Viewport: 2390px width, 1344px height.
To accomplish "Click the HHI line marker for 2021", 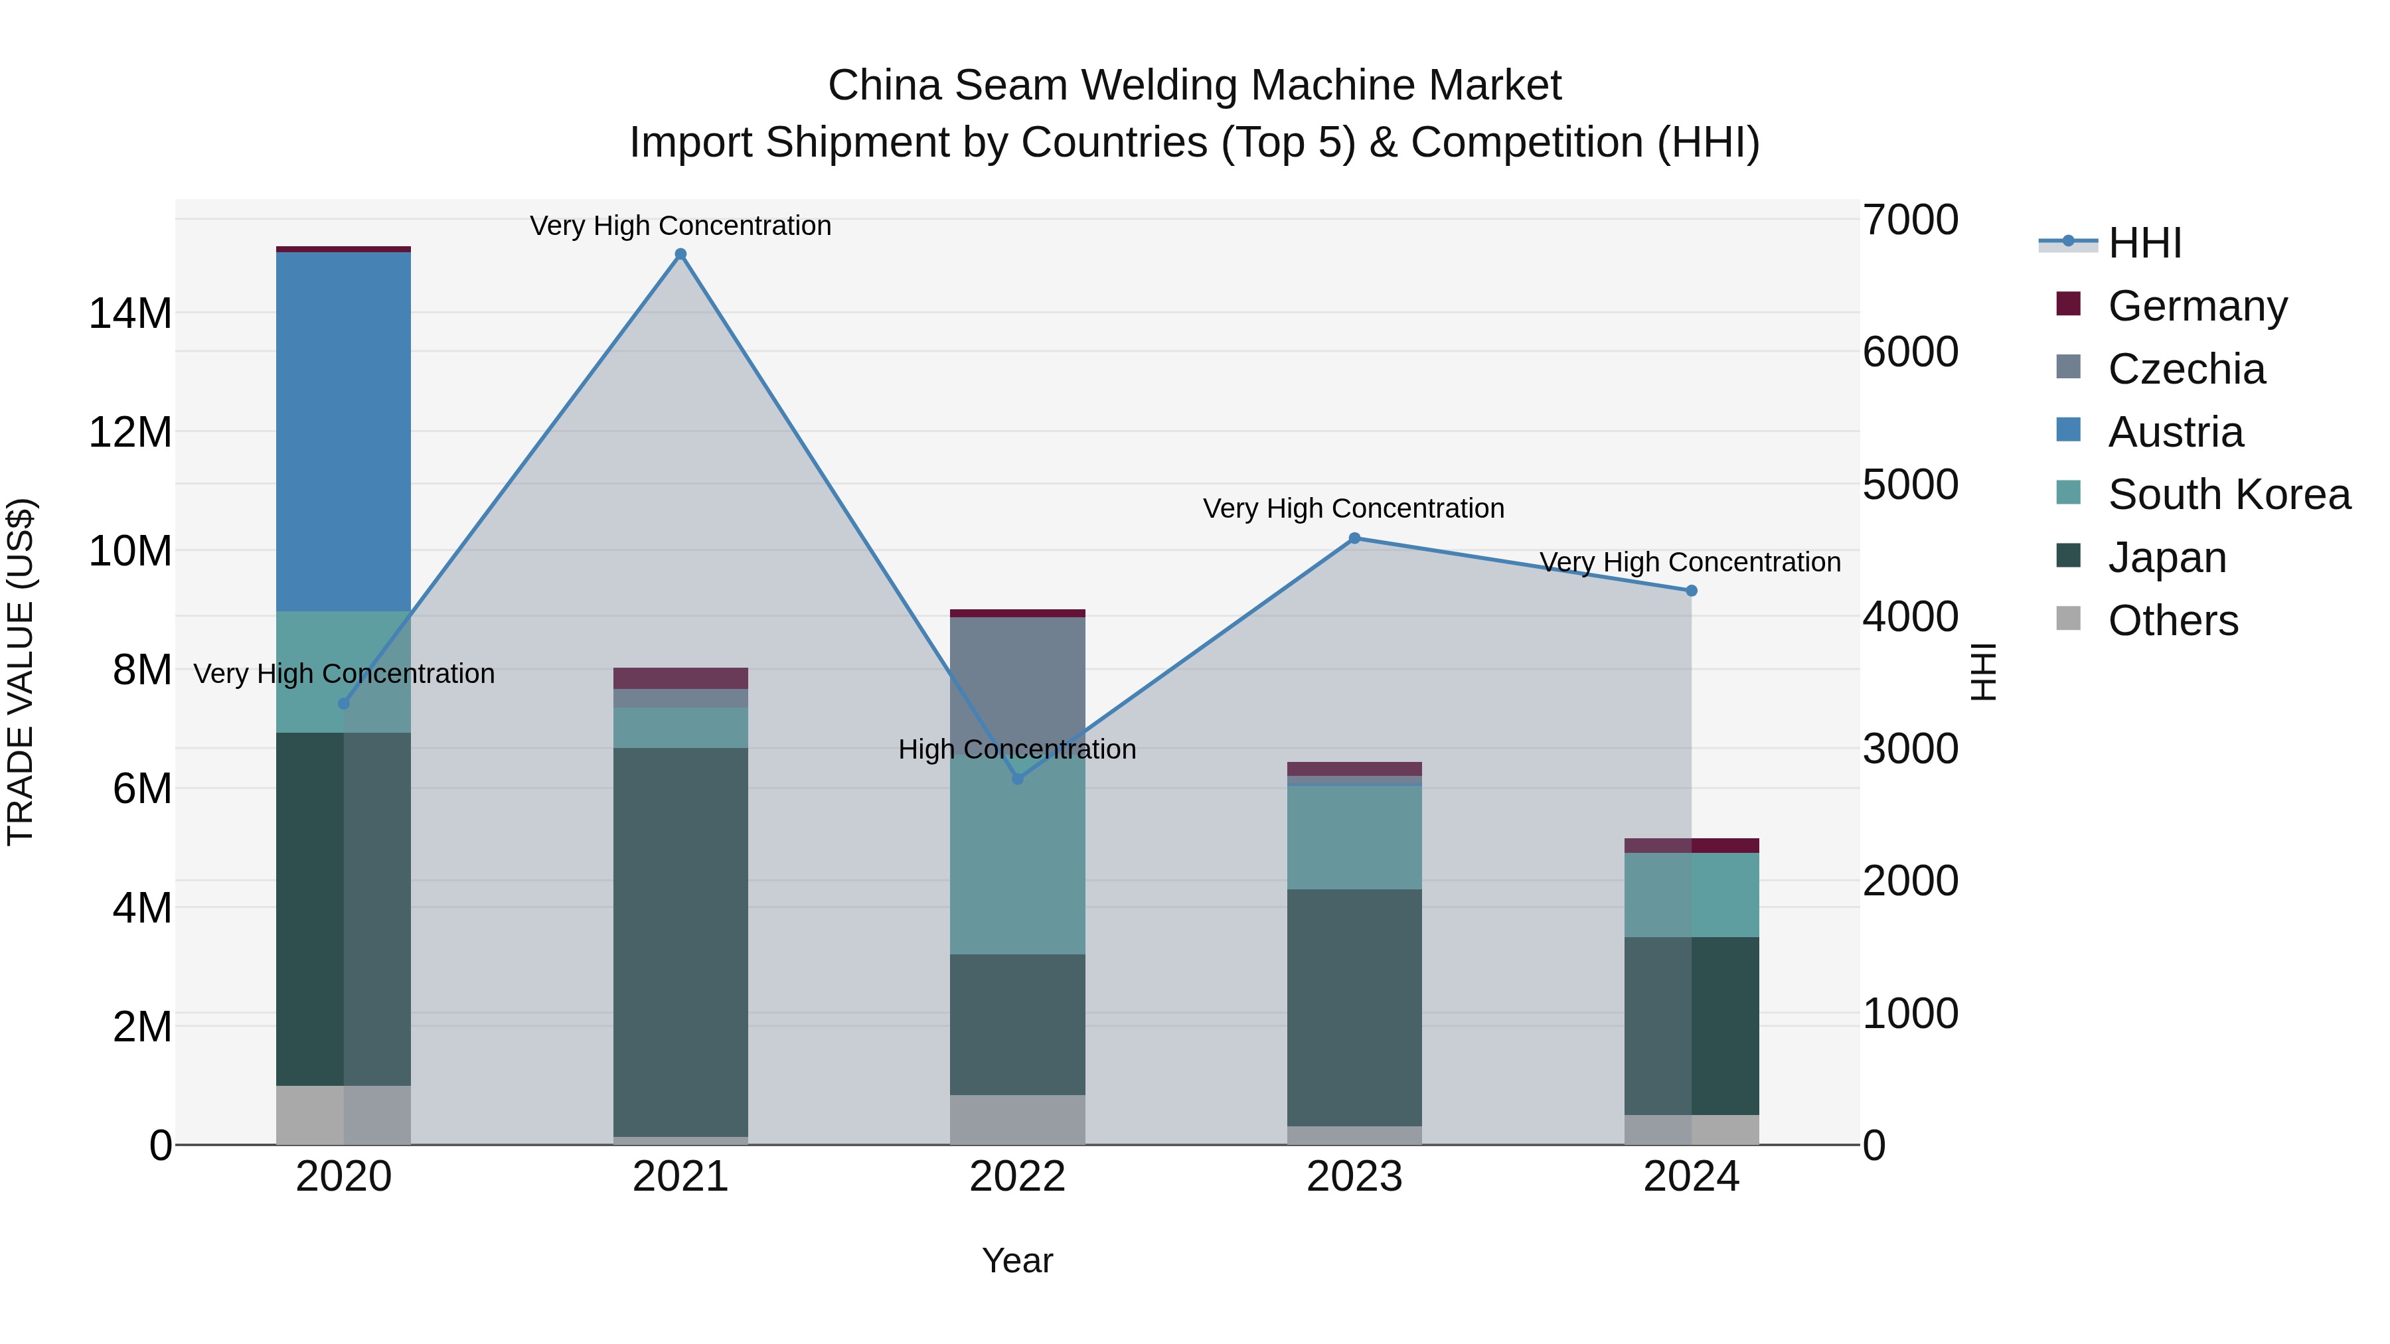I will pyautogui.click(x=680, y=254).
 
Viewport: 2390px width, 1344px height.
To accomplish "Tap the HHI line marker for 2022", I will pyautogui.click(x=1017, y=779).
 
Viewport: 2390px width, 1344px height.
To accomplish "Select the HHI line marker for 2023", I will pyautogui.click(x=1354, y=538).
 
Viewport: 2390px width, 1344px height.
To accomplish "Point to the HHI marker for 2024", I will pyautogui.click(x=1690, y=591).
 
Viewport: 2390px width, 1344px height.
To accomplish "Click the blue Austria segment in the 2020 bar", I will pyautogui.click(x=343, y=431).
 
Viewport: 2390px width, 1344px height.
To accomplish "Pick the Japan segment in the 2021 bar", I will pyautogui.click(x=680, y=941).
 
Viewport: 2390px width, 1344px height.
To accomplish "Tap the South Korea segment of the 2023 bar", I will pyautogui.click(x=1354, y=838).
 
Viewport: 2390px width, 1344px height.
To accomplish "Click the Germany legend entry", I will pyautogui.click(x=2197, y=306).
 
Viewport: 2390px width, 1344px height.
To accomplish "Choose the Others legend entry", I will pyautogui.click(x=2172, y=621).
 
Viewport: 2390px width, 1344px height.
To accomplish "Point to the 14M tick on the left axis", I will pyautogui.click(x=130, y=313).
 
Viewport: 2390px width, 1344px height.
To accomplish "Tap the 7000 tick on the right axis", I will pyautogui.click(x=1909, y=221).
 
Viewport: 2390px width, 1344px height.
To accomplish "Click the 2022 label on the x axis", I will pyautogui.click(x=1017, y=1177).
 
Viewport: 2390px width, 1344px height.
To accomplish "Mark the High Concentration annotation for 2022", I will pyautogui.click(x=1017, y=749).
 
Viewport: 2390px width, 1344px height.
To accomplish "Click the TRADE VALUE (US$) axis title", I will pyautogui.click(x=21, y=672).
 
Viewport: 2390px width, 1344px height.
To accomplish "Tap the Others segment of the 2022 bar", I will pyautogui.click(x=1017, y=1120).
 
